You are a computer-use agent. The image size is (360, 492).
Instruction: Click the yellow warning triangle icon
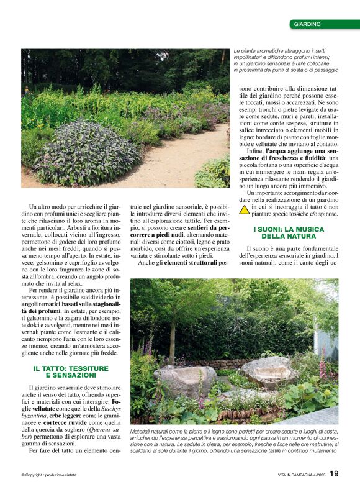(245, 209)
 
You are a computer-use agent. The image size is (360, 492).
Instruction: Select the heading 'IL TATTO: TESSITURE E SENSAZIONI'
(71, 372)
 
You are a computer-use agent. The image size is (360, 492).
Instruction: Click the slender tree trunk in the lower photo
(172, 335)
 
